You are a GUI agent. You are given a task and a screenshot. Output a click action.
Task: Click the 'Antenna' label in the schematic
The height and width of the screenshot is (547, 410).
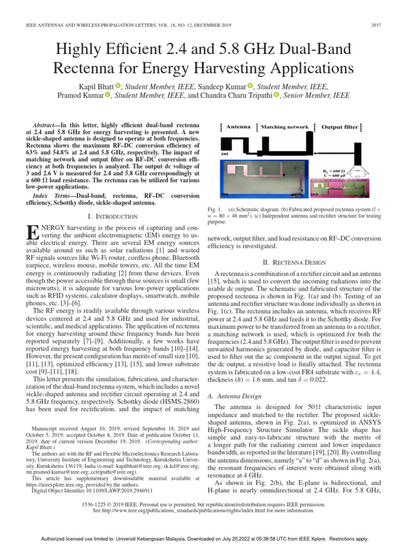238,127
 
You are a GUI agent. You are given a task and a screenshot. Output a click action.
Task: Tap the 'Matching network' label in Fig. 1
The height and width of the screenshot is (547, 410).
285,127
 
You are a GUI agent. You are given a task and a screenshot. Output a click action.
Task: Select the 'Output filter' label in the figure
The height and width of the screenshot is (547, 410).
340,127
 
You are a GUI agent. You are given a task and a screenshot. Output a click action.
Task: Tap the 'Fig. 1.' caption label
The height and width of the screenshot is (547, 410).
215,209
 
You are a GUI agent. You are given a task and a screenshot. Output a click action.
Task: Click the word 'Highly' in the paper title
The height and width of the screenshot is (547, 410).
84,51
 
